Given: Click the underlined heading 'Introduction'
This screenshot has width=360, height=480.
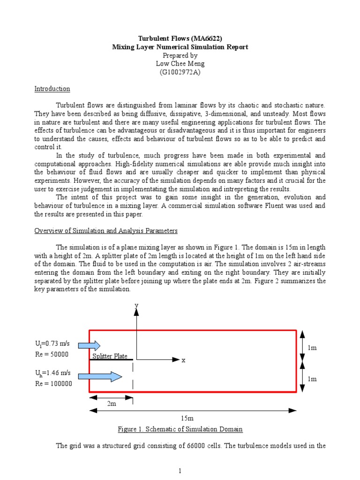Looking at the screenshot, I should (x=52, y=89).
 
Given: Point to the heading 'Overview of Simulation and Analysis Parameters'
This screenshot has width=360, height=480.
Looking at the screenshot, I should (x=106, y=231).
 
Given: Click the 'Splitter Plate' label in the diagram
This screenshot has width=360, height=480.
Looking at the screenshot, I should (x=110, y=356).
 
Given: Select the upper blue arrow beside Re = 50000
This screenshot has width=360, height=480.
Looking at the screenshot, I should (x=89, y=346).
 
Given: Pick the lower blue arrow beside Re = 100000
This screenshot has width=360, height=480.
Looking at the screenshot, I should (x=100, y=375).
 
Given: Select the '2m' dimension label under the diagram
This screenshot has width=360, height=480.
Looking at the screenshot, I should (x=111, y=403).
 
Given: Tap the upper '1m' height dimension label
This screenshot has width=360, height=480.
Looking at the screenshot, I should (x=313, y=348).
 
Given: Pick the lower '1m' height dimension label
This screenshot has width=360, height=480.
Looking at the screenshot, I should (x=313, y=379).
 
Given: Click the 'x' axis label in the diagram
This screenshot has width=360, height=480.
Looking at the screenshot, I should (x=184, y=360).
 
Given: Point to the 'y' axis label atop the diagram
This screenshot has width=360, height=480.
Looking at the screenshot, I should (x=136, y=305).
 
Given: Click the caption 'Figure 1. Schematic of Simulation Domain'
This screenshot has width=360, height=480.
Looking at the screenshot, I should (x=180, y=429).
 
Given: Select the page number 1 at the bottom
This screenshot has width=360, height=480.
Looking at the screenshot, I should (x=180, y=471).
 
